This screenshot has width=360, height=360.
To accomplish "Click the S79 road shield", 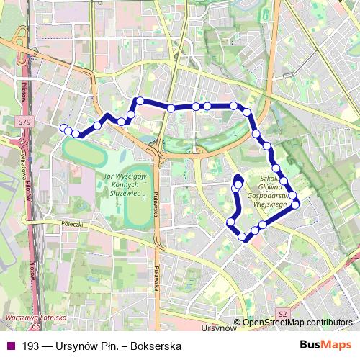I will click(x=24, y=122).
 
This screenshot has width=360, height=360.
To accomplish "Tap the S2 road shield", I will click(x=283, y=313).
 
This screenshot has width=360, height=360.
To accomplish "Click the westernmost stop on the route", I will click(x=63, y=128).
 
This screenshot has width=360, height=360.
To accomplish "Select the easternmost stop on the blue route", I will click(x=295, y=205).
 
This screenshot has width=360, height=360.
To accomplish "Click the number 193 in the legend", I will click(x=31, y=346).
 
